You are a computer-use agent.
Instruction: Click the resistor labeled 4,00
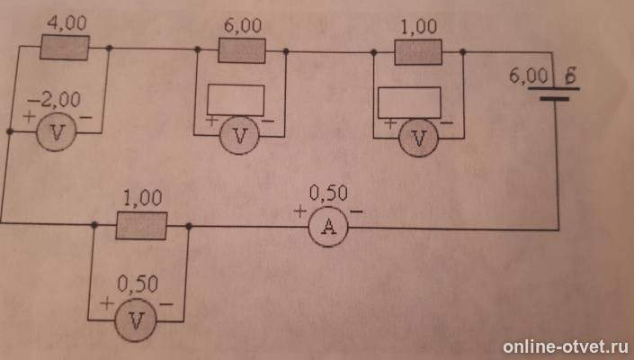tap(65, 48)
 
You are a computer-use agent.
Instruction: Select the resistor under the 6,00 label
tap(242, 50)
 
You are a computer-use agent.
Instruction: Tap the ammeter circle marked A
tap(328, 228)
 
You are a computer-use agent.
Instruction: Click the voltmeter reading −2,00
tap(56, 132)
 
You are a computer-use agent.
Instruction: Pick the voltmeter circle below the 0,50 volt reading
tap(136, 320)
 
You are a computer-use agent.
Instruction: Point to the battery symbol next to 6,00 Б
tap(554, 94)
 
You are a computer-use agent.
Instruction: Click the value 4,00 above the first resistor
tap(67, 23)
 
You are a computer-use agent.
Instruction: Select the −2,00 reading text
tap(54, 100)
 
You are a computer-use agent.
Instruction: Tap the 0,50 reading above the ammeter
tap(328, 193)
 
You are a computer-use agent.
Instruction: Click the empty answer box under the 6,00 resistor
tap(236, 100)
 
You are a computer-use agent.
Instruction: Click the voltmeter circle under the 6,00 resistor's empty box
tap(240, 136)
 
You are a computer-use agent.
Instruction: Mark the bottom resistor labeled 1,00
tap(141, 225)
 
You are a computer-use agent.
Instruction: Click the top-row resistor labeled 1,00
tap(418, 52)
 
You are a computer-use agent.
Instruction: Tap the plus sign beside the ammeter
tap(300, 211)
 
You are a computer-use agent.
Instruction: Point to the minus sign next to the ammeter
tap(356, 211)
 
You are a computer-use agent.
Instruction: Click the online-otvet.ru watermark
tap(566, 346)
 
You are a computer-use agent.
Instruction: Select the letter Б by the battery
tap(570, 76)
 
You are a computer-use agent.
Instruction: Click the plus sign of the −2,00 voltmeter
tap(29, 116)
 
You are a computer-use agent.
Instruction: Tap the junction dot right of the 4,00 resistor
tap(109, 48)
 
